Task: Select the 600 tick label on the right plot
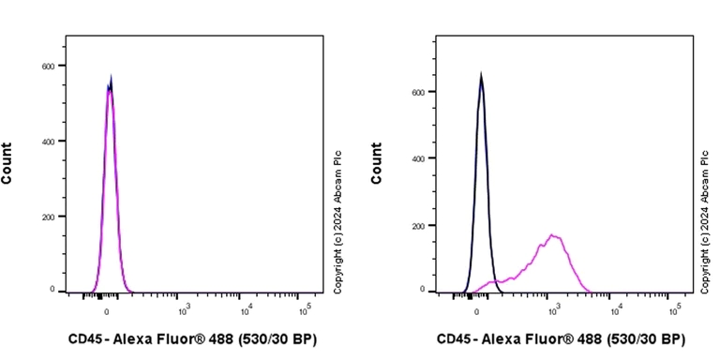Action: point(420,92)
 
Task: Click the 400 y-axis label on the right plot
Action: point(420,158)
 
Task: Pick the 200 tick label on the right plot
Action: point(420,226)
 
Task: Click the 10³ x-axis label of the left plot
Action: point(185,310)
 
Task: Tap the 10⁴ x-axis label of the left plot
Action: point(246,310)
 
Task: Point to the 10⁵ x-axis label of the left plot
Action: point(306,310)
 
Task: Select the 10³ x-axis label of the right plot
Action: point(553,310)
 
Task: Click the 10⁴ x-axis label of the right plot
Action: point(615,310)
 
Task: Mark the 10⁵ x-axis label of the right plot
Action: point(675,310)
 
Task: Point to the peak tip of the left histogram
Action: point(111,77)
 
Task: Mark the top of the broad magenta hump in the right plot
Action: point(553,234)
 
